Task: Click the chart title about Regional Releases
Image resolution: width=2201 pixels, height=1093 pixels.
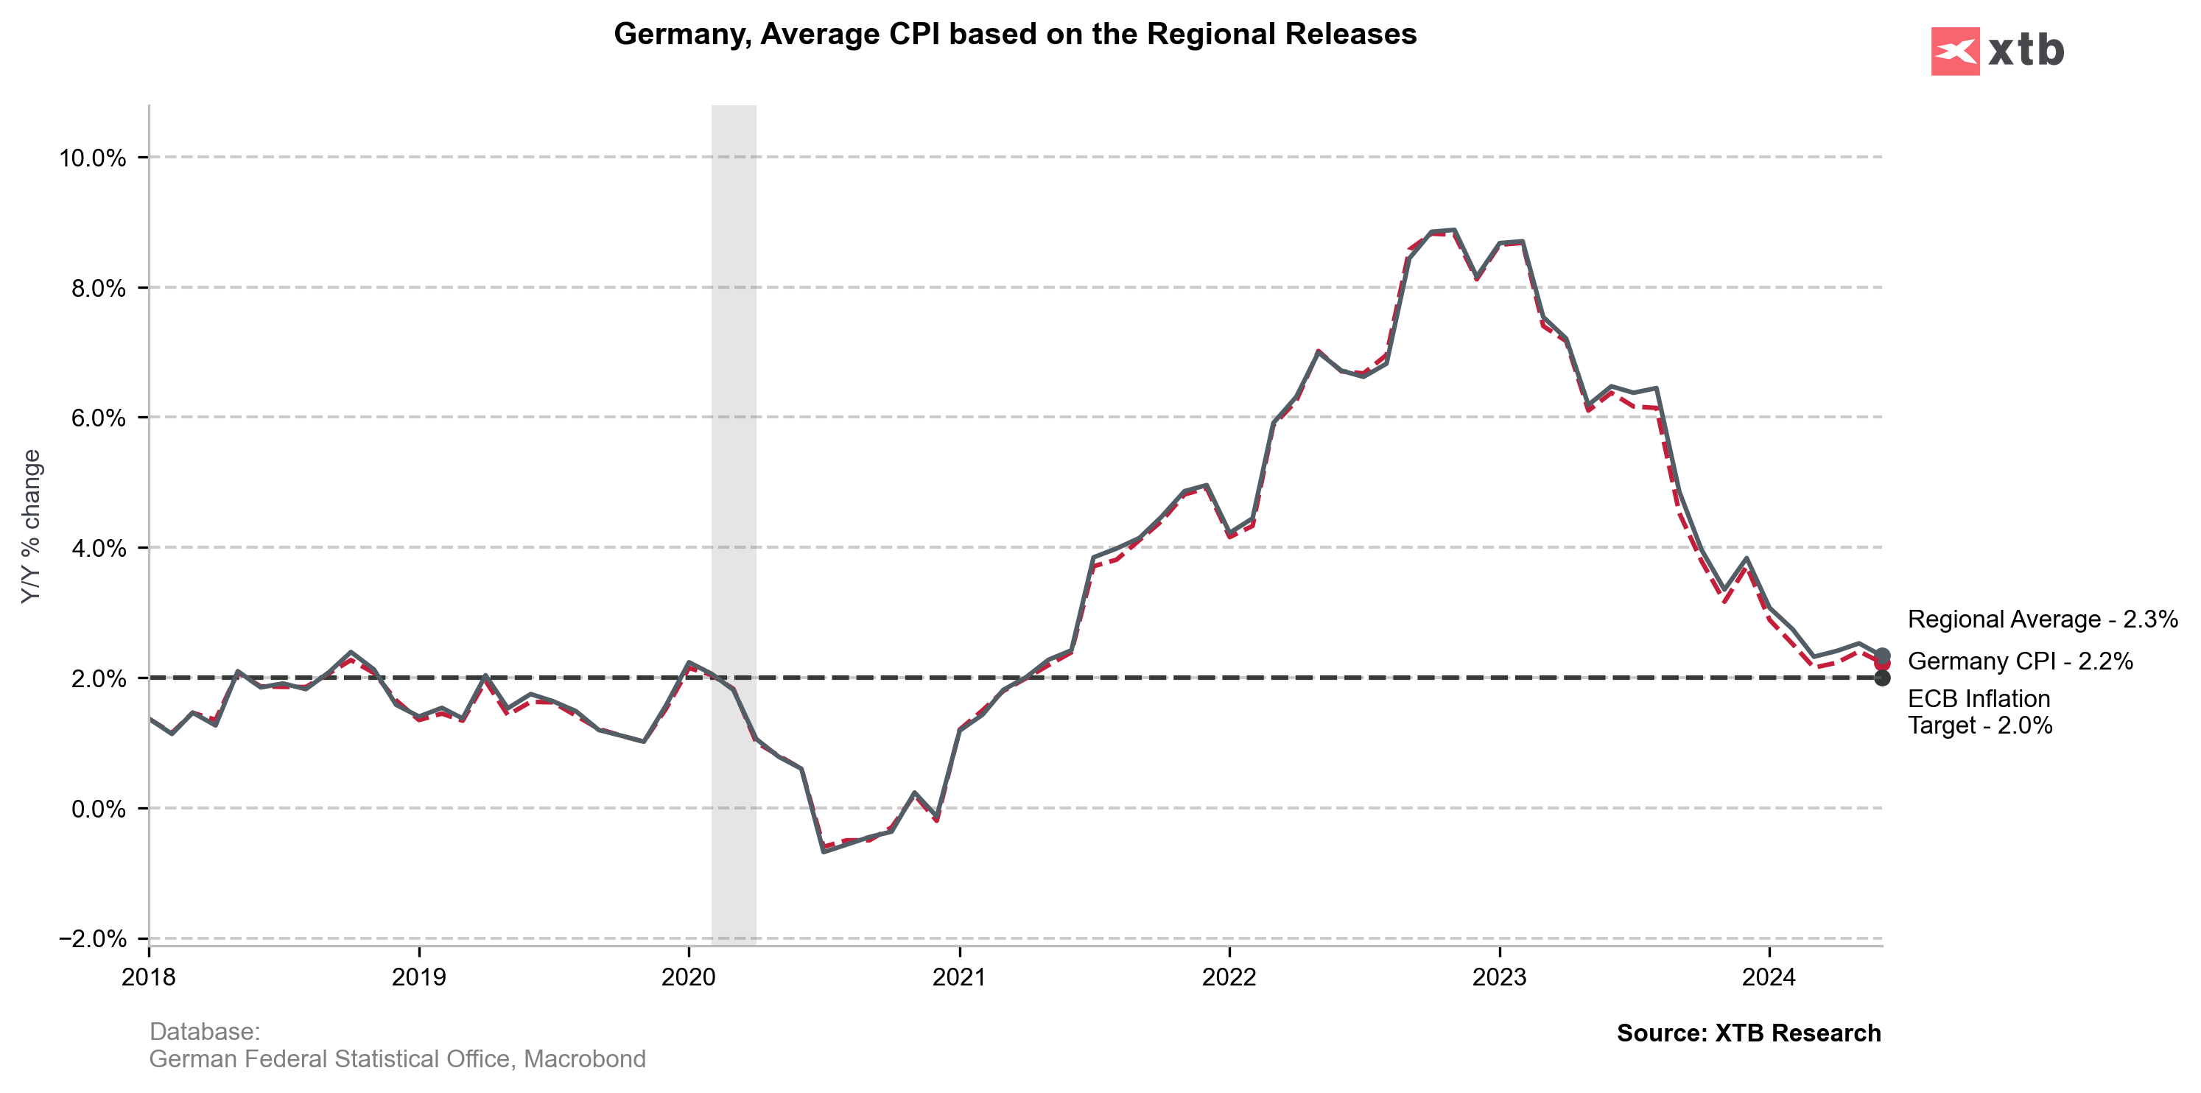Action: pos(1015,34)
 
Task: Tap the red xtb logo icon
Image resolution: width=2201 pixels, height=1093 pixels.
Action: pos(1955,52)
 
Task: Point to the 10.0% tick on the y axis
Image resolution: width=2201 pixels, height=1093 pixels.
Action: pos(92,158)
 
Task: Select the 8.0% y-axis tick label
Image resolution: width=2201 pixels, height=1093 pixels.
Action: pos(98,288)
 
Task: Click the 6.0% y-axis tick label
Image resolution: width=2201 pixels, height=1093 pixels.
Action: pos(98,418)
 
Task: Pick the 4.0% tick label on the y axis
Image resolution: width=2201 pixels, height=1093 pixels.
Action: pos(98,549)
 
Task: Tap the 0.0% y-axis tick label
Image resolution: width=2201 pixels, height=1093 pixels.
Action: pos(98,809)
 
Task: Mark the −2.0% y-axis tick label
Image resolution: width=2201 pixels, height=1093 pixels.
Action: pos(92,938)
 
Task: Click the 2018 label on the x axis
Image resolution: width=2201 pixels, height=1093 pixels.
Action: pos(149,977)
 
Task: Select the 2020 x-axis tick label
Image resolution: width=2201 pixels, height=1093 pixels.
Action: pos(689,977)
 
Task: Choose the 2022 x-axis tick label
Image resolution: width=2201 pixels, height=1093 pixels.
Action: pos(1229,977)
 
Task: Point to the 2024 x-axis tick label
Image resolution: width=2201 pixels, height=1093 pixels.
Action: pos(1769,977)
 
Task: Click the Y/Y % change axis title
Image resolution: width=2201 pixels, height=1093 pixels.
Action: pos(31,527)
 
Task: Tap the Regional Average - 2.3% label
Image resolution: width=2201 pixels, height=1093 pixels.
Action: pos(2042,619)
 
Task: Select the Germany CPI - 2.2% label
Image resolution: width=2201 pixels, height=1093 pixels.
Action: pos(2020,661)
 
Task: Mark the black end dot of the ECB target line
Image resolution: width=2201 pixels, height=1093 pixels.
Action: pos(1882,678)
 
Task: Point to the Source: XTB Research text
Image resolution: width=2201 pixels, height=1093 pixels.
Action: pos(1748,1033)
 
